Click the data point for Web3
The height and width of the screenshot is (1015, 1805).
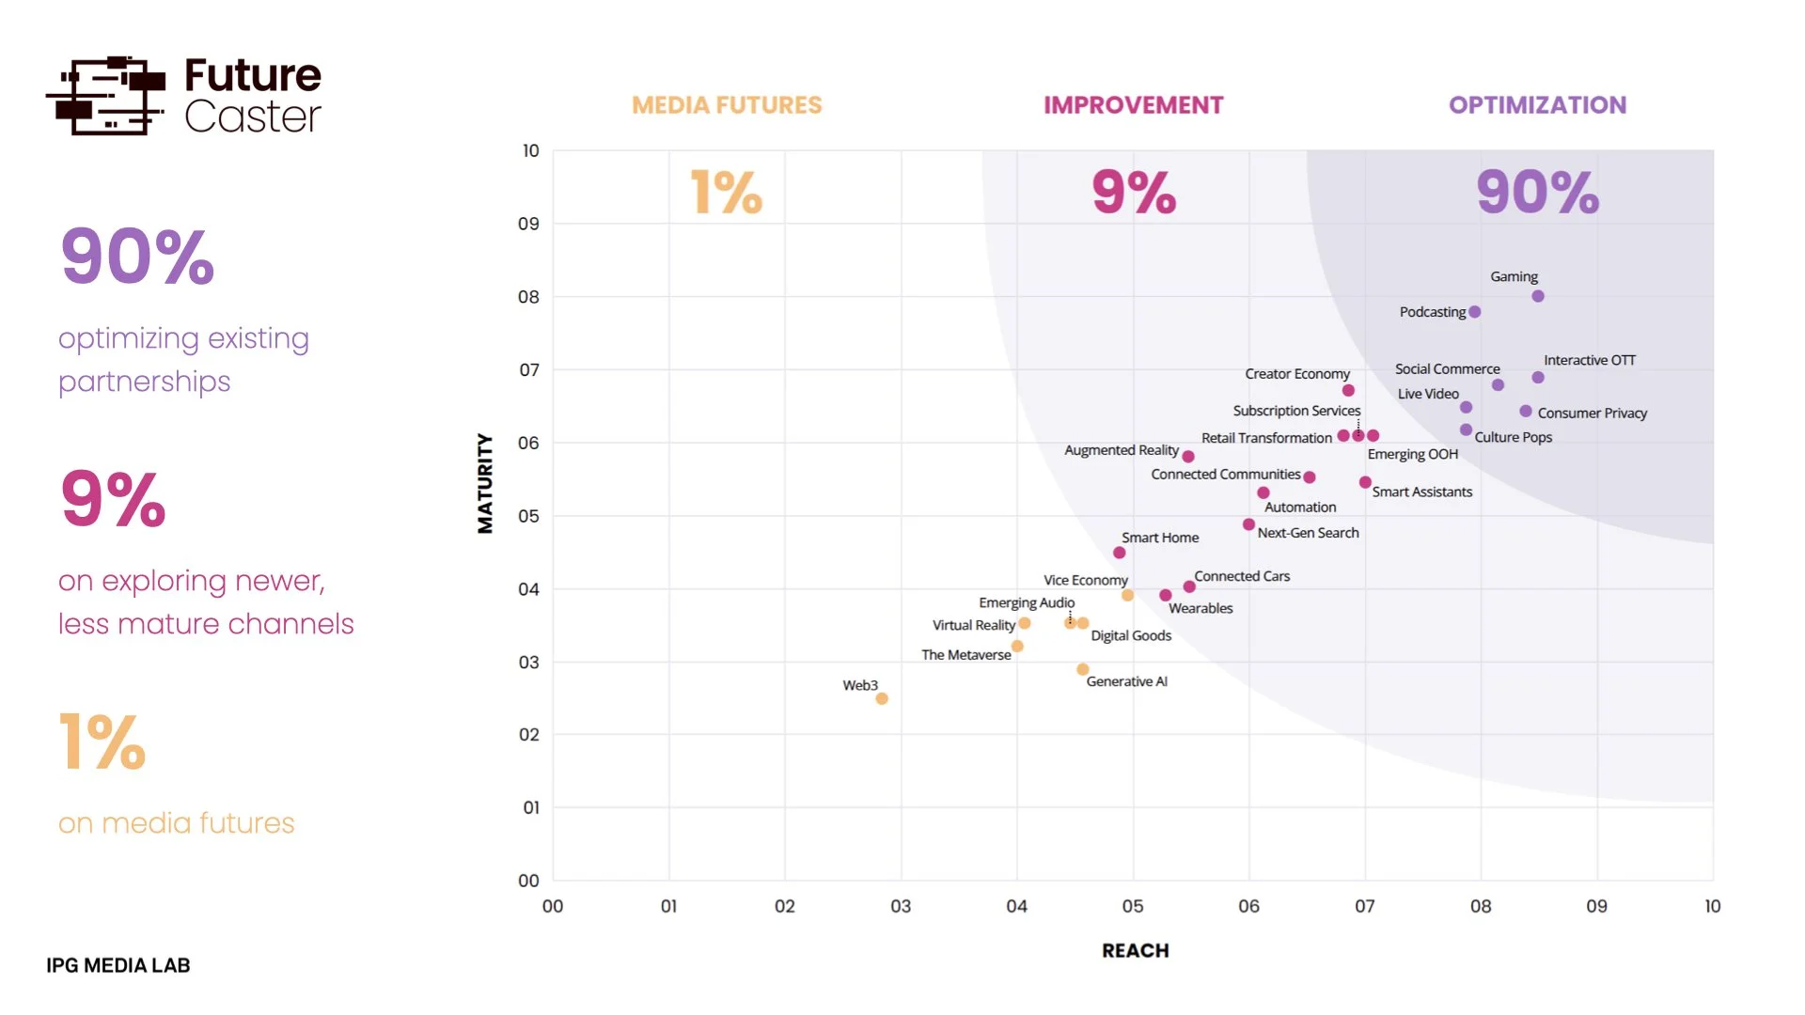tap(882, 698)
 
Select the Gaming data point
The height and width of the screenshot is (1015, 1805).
tap(1538, 296)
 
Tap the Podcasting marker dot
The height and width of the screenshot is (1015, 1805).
tap(1475, 312)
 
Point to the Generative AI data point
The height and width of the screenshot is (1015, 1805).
tap(1083, 669)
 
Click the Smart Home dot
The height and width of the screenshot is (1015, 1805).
tap(1119, 553)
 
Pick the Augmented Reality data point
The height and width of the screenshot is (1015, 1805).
tap(1188, 457)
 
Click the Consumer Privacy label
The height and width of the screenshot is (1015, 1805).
tap(1593, 413)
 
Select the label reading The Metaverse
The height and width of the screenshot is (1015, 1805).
tap(965, 655)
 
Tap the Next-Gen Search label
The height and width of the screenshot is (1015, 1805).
tap(1308, 533)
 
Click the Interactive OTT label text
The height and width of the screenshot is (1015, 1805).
tap(1590, 360)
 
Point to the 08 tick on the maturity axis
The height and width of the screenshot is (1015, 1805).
tap(529, 297)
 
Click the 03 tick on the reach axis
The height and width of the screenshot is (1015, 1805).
tap(901, 906)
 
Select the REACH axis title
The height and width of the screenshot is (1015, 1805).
tap(1135, 950)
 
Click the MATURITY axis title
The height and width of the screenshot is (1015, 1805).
tap(485, 483)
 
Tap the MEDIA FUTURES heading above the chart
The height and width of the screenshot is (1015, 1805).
tap(727, 105)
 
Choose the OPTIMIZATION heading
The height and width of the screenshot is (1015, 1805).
tap(1537, 105)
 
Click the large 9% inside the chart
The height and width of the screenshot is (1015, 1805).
tap(1134, 193)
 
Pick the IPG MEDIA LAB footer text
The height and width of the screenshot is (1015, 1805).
tap(118, 965)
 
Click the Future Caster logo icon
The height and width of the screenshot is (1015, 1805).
tap(106, 95)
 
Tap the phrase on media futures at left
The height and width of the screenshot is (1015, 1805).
tap(177, 823)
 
